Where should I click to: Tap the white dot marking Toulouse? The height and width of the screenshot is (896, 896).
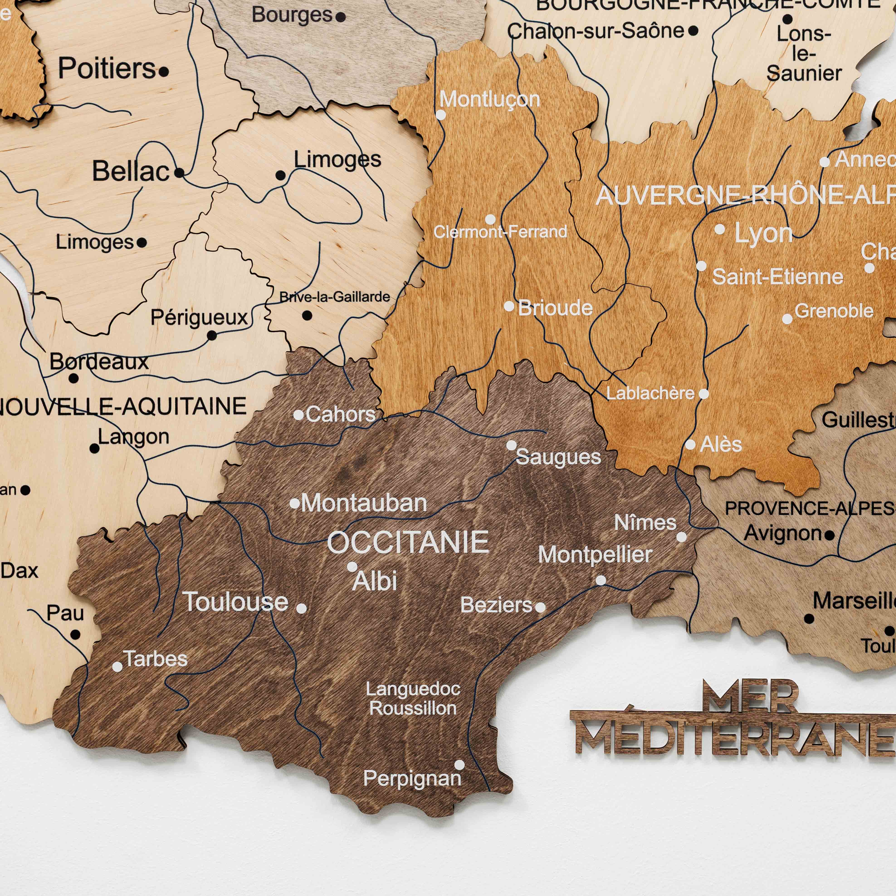[x=301, y=608]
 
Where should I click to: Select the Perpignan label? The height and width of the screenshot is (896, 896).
[x=412, y=778]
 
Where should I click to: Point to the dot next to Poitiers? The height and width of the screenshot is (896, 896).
[x=164, y=72]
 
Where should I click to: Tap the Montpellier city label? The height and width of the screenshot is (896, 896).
[x=595, y=555]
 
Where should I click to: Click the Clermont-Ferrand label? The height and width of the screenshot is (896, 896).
[x=500, y=231]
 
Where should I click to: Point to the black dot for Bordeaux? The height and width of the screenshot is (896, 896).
[x=73, y=378]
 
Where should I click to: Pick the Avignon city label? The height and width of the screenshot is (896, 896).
[x=783, y=533]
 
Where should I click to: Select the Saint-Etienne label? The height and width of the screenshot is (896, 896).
[x=777, y=277]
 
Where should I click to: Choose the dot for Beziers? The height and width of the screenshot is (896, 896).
[x=540, y=607]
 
